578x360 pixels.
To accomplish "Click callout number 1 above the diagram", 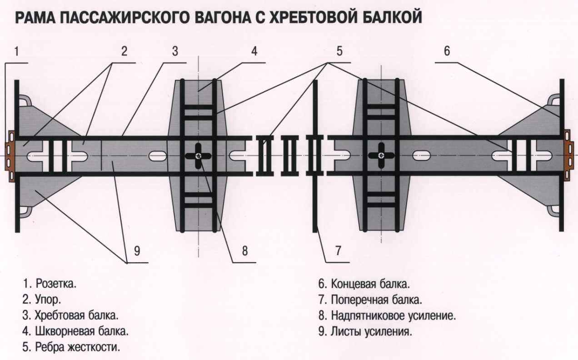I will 16,51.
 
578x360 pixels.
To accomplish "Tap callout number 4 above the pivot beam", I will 254,51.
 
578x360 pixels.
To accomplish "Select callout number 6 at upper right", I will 447,51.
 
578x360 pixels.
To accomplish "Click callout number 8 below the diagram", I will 244,251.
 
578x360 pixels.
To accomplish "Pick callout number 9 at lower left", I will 136,251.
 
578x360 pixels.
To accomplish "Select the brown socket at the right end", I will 568,155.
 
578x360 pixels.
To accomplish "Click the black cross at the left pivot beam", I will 199,156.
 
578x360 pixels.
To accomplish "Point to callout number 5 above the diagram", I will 339,51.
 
